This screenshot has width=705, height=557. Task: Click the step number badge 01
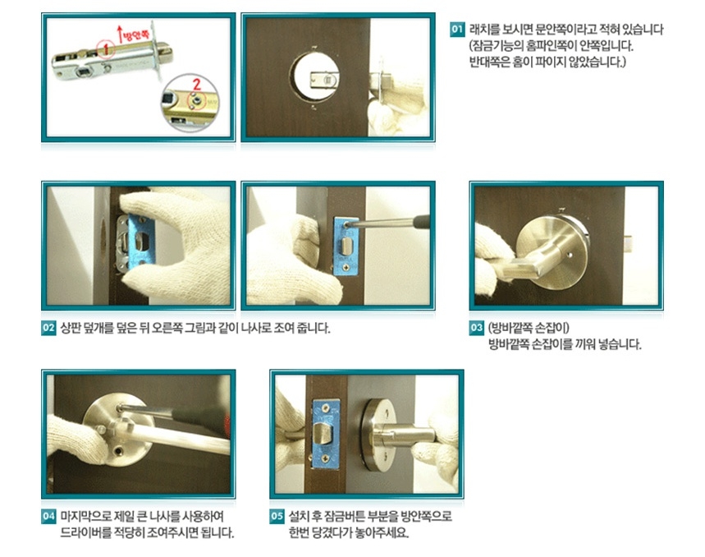tap(458, 30)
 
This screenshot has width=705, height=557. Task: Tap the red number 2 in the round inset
tap(196, 83)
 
